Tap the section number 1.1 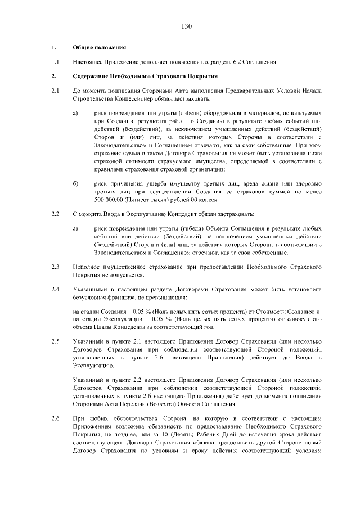tap(55, 62)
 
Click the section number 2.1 tap(55, 90)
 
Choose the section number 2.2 tap(55, 214)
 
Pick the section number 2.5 tap(55, 341)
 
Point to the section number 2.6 tap(55, 418)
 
